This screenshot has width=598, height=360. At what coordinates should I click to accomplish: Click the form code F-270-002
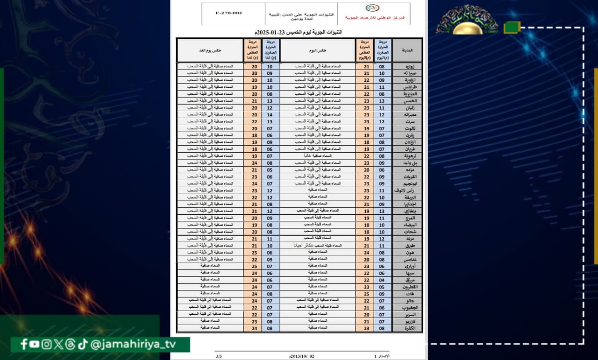(x=229, y=13)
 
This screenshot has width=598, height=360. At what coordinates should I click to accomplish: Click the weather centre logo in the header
(x=372, y=8)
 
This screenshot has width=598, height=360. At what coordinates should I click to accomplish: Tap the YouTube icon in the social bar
(x=34, y=344)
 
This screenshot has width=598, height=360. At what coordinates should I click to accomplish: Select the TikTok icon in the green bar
(x=82, y=344)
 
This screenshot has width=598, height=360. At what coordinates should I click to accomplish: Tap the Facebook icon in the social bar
(x=24, y=344)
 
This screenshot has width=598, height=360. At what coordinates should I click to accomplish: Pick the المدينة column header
(x=407, y=50)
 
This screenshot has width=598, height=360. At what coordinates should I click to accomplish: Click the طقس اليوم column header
(x=318, y=50)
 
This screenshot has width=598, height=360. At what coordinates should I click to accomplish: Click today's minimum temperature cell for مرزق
(x=383, y=280)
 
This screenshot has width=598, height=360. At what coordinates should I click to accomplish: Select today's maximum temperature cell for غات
(x=364, y=294)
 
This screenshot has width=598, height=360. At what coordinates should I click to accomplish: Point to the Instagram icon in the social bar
(x=46, y=344)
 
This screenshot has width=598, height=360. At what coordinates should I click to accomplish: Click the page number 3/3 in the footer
(x=219, y=356)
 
